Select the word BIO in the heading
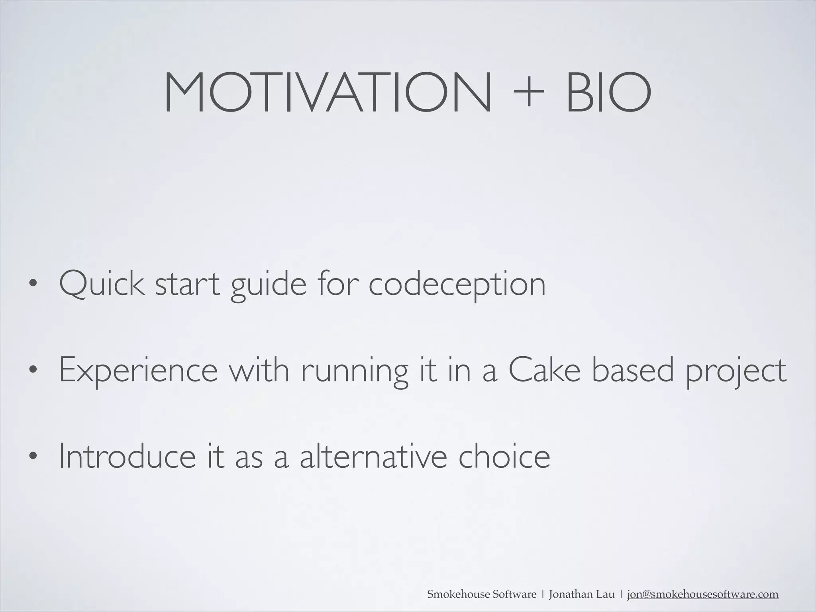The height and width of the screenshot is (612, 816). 608,93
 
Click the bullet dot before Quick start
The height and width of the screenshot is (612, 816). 33,285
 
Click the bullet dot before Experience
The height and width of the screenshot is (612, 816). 33,371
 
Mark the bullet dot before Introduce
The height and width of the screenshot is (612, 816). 33,456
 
